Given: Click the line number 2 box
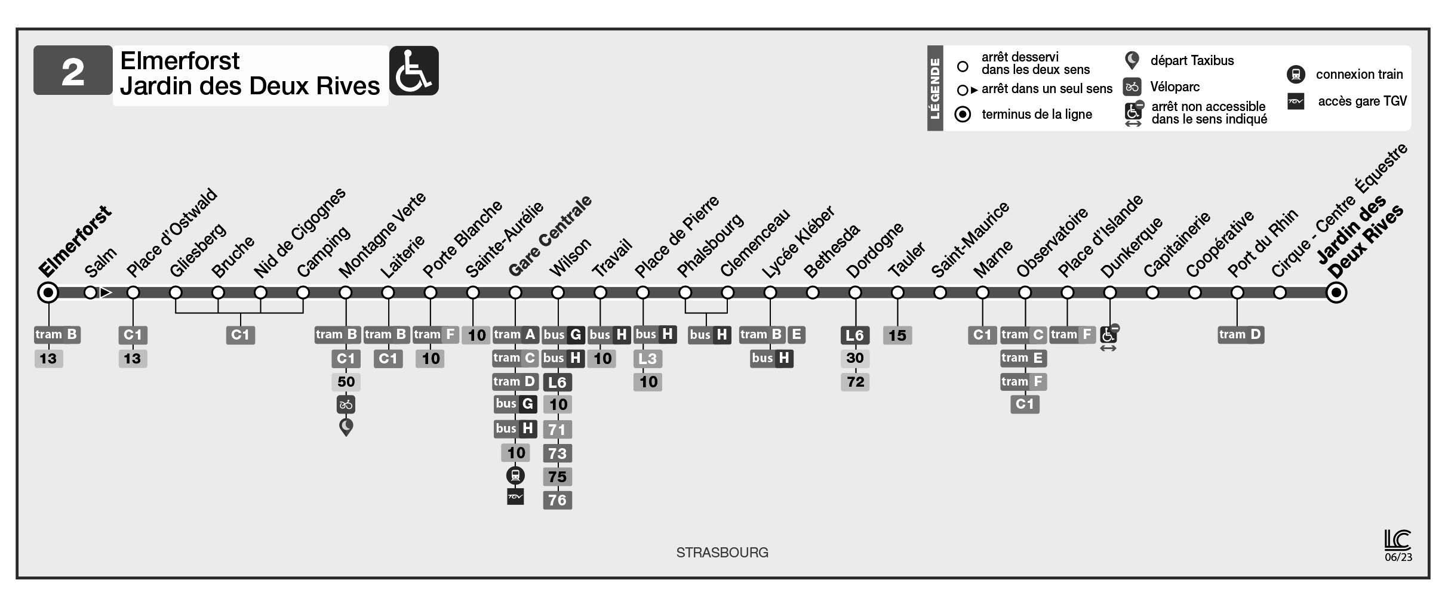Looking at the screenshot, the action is [73, 70].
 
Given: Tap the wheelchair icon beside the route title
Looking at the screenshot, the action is [414, 70].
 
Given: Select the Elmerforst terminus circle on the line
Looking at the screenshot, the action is [48, 292].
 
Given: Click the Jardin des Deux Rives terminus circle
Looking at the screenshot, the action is [1336, 292].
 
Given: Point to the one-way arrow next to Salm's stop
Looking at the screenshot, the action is [106, 292].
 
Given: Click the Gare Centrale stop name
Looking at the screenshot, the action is [550, 236].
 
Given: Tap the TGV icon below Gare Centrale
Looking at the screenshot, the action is [515, 497].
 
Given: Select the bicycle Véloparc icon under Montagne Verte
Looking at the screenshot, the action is [346, 405].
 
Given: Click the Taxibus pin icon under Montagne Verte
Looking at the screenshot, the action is [346, 427].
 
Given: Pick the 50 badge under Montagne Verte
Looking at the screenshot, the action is [346, 381].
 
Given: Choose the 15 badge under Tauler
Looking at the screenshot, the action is [897, 335].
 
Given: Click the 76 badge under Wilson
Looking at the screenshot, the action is [557, 500].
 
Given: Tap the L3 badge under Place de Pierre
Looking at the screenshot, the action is [647, 359].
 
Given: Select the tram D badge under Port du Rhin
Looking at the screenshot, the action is [1240, 335].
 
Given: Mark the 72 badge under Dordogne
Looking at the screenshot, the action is [855, 381].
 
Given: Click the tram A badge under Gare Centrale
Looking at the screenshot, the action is [515, 335].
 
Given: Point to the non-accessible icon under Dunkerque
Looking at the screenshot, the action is [1109, 334].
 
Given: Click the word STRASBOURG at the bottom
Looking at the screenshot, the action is [722, 553].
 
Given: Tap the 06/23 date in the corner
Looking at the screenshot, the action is [1398, 557].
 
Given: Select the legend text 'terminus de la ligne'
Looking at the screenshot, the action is [1037, 114].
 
